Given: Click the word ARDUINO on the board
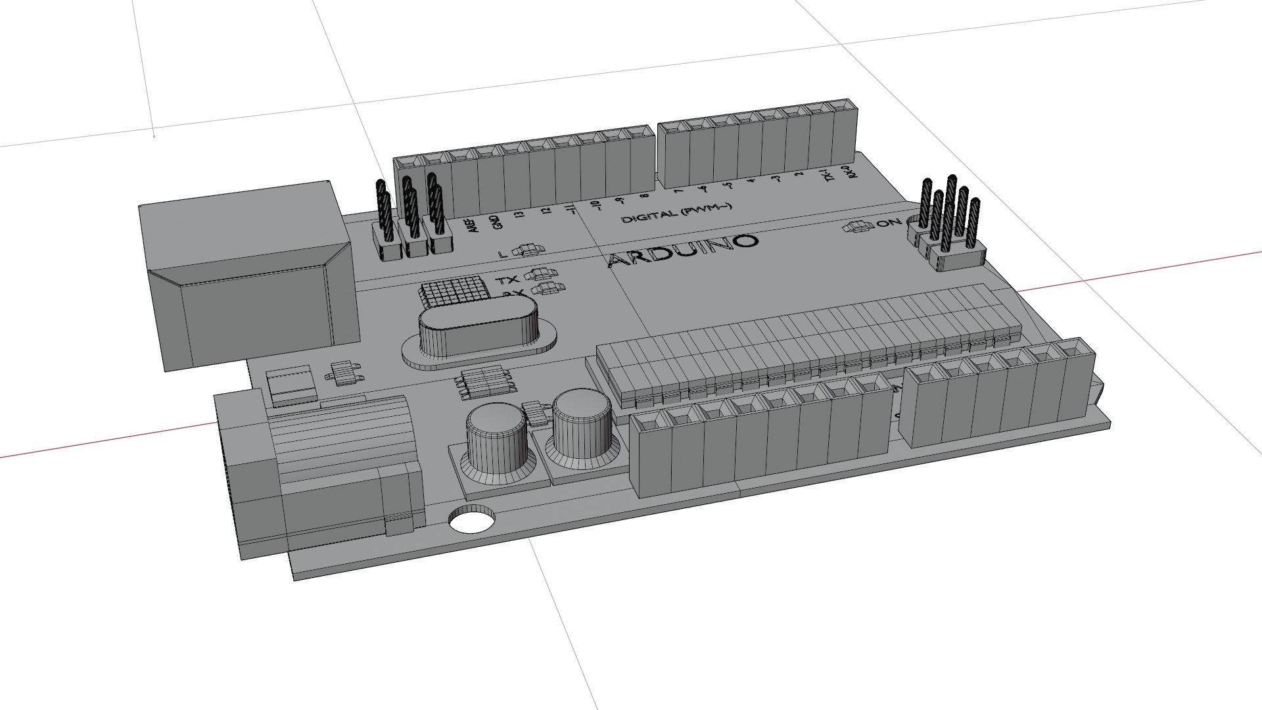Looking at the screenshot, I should coord(683,250).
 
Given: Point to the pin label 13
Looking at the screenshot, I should coord(520,215).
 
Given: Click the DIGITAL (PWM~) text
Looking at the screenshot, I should coord(676,212).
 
